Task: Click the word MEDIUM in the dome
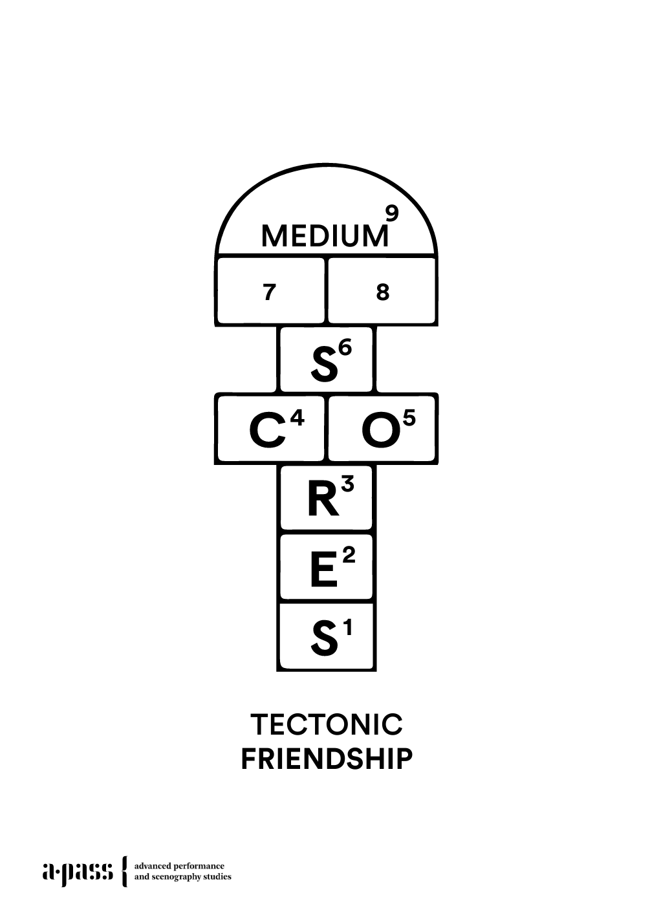point(325,236)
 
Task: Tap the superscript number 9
point(391,213)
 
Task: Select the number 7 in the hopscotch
point(270,292)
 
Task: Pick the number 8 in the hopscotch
point(383,292)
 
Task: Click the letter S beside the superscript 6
point(324,364)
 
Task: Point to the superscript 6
point(345,348)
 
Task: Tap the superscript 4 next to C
point(297,418)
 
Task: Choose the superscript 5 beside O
point(409,418)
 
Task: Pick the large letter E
point(323,571)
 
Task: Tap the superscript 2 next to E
point(349,555)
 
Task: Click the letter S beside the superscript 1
point(324,639)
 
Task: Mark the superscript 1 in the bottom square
point(348,627)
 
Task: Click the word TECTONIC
point(326,724)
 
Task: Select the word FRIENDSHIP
point(326,759)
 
